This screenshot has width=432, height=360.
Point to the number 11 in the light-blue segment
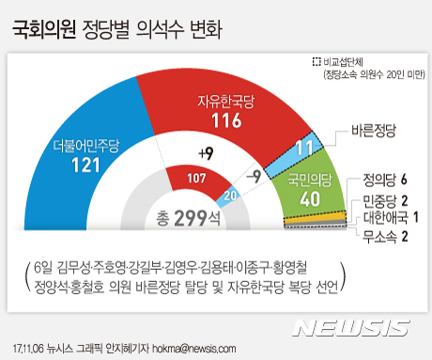279,147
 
